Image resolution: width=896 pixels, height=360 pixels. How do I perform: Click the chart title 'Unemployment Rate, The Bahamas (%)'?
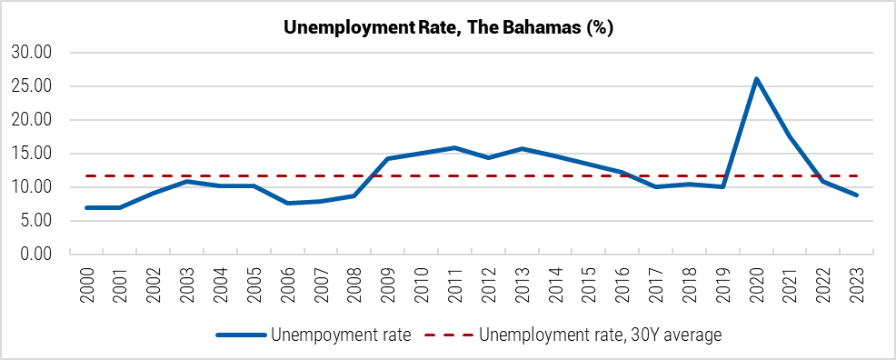click(x=448, y=27)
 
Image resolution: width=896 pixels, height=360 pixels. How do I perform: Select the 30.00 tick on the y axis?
click(x=30, y=53)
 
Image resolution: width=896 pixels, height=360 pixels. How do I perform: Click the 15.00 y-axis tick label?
click(x=30, y=154)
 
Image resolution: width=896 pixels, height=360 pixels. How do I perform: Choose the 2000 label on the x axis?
click(x=87, y=285)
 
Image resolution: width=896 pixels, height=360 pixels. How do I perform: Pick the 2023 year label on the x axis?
click(x=856, y=285)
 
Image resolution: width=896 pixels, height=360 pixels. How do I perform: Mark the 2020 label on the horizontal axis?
click(x=756, y=285)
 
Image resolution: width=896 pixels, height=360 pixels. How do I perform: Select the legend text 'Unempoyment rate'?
click(x=341, y=335)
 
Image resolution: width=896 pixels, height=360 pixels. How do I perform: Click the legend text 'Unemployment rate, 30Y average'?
click(x=599, y=335)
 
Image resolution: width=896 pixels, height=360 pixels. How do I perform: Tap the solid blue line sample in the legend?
click(x=241, y=335)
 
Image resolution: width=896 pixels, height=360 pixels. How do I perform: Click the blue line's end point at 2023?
click(x=856, y=195)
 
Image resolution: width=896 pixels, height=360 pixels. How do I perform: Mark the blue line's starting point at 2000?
click(x=87, y=207)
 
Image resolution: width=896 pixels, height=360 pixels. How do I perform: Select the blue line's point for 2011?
click(x=454, y=147)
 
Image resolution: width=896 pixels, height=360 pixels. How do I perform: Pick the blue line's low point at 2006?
click(x=288, y=203)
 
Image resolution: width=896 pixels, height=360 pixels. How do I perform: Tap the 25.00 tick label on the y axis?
click(x=30, y=86)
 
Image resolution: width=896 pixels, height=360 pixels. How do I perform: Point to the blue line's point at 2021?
click(x=790, y=135)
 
